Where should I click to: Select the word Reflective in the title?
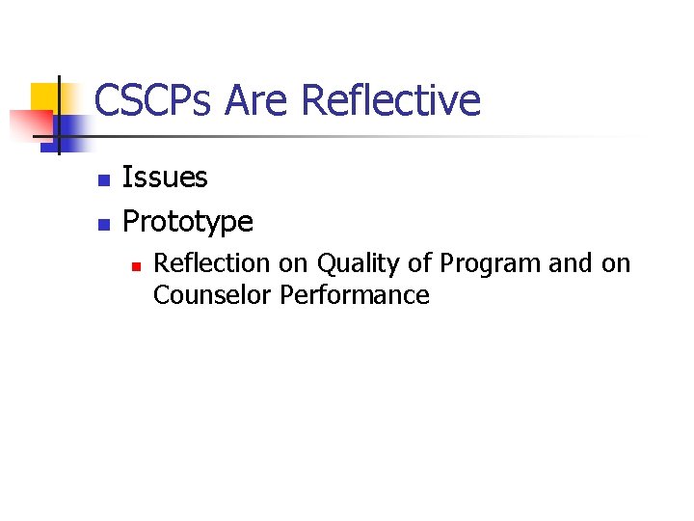pyautogui.click(x=389, y=100)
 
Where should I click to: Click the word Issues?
pyautogui.click(x=165, y=178)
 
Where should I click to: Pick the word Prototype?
pyautogui.click(x=188, y=222)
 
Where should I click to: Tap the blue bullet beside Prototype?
pyautogui.click(x=104, y=224)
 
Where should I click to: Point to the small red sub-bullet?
pyautogui.click(x=137, y=264)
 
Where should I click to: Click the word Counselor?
pyautogui.click(x=212, y=294)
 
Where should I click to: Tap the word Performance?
pyautogui.click(x=355, y=294)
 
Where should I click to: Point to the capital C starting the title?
pyautogui.click(x=107, y=100)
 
